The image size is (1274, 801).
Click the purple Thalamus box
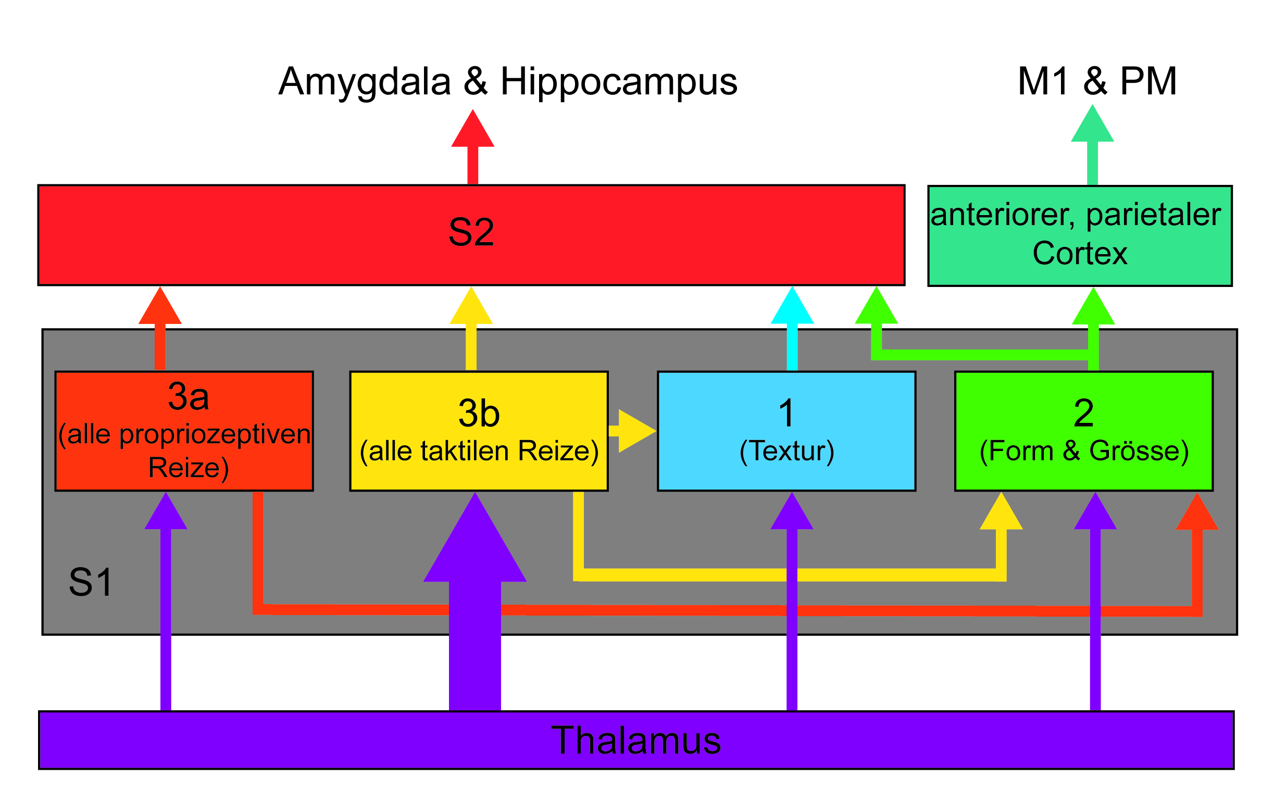pyautogui.click(x=636, y=740)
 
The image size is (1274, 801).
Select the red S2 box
pyautogui.click(x=471, y=235)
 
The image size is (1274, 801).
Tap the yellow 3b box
pyautogui.click(x=479, y=431)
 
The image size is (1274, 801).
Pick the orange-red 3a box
pyautogui.click(x=184, y=431)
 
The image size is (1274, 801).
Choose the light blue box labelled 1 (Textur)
pyautogui.click(x=786, y=431)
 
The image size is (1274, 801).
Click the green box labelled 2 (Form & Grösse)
pyautogui.click(x=1084, y=431)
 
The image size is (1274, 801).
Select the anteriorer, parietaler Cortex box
pyautogui.click(x=1080, y=236)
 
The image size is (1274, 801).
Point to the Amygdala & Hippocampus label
pyautogui.click(x=508, y=82)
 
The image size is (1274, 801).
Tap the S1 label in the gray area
pyautogui.click(x=91, y=582)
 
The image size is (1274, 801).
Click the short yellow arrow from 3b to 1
pyautogui.click(x=633, y=431)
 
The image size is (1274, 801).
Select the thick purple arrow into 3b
pyautogui.click(x=475, y=602)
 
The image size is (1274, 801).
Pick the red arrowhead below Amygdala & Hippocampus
pyautogui.click(x=472, y=128)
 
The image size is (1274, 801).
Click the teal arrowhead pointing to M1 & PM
pyautogui.click(x=1093, y=123)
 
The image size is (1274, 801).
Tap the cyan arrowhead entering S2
pyautogui.click(x=792, y=305)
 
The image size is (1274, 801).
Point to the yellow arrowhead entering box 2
pyautogui.click(x=1001, y=510)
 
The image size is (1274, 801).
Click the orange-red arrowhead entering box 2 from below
pyautogui.click(x=1197, y=511)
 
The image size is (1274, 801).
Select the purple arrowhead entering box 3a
pyautogui.click(x=166, y=510)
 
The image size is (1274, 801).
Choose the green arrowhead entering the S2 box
pyautogui.click(x=876, y=305)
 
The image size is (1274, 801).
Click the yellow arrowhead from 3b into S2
pyautogui.click(x=471, y=305)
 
